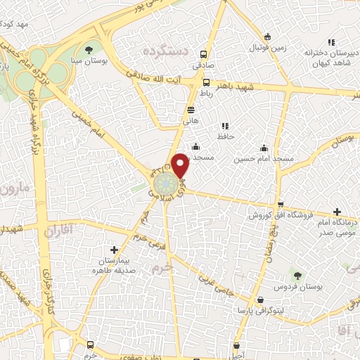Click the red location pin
(180, 165)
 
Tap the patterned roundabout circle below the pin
(167, 186)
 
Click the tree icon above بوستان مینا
(89, 49)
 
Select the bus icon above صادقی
(203, 54)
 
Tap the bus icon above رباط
(206, 82)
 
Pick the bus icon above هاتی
(191, 110)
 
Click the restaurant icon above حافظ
(225, 125)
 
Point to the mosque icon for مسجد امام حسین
(264, 148)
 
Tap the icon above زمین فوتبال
(266, 37)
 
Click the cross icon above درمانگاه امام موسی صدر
(337, 212)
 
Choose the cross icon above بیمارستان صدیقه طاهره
(114, 250)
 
